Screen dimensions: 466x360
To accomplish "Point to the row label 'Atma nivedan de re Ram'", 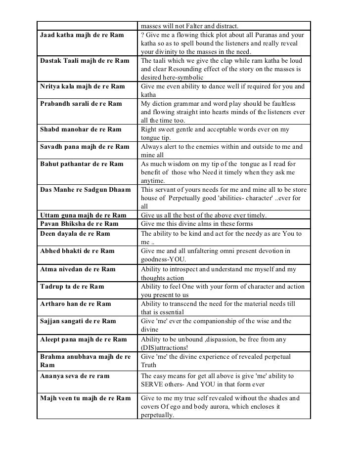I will (x=78, y=269).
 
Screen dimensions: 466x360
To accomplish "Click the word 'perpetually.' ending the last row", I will (x=158, y=415).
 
